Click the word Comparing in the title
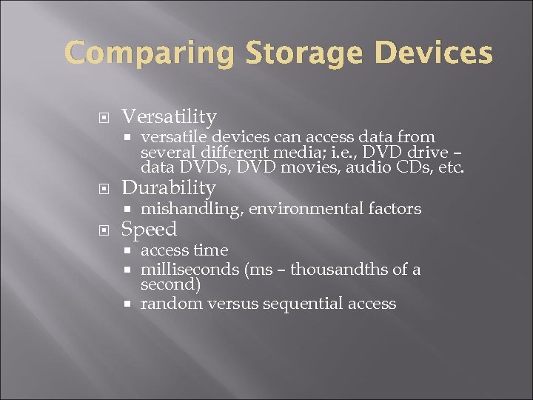click(x=148, y=54)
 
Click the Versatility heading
click(x=169, y=116)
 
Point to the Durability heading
click(x=168, y=187)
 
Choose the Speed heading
click(x=149, y=229)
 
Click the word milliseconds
click(x=189, y=269)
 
